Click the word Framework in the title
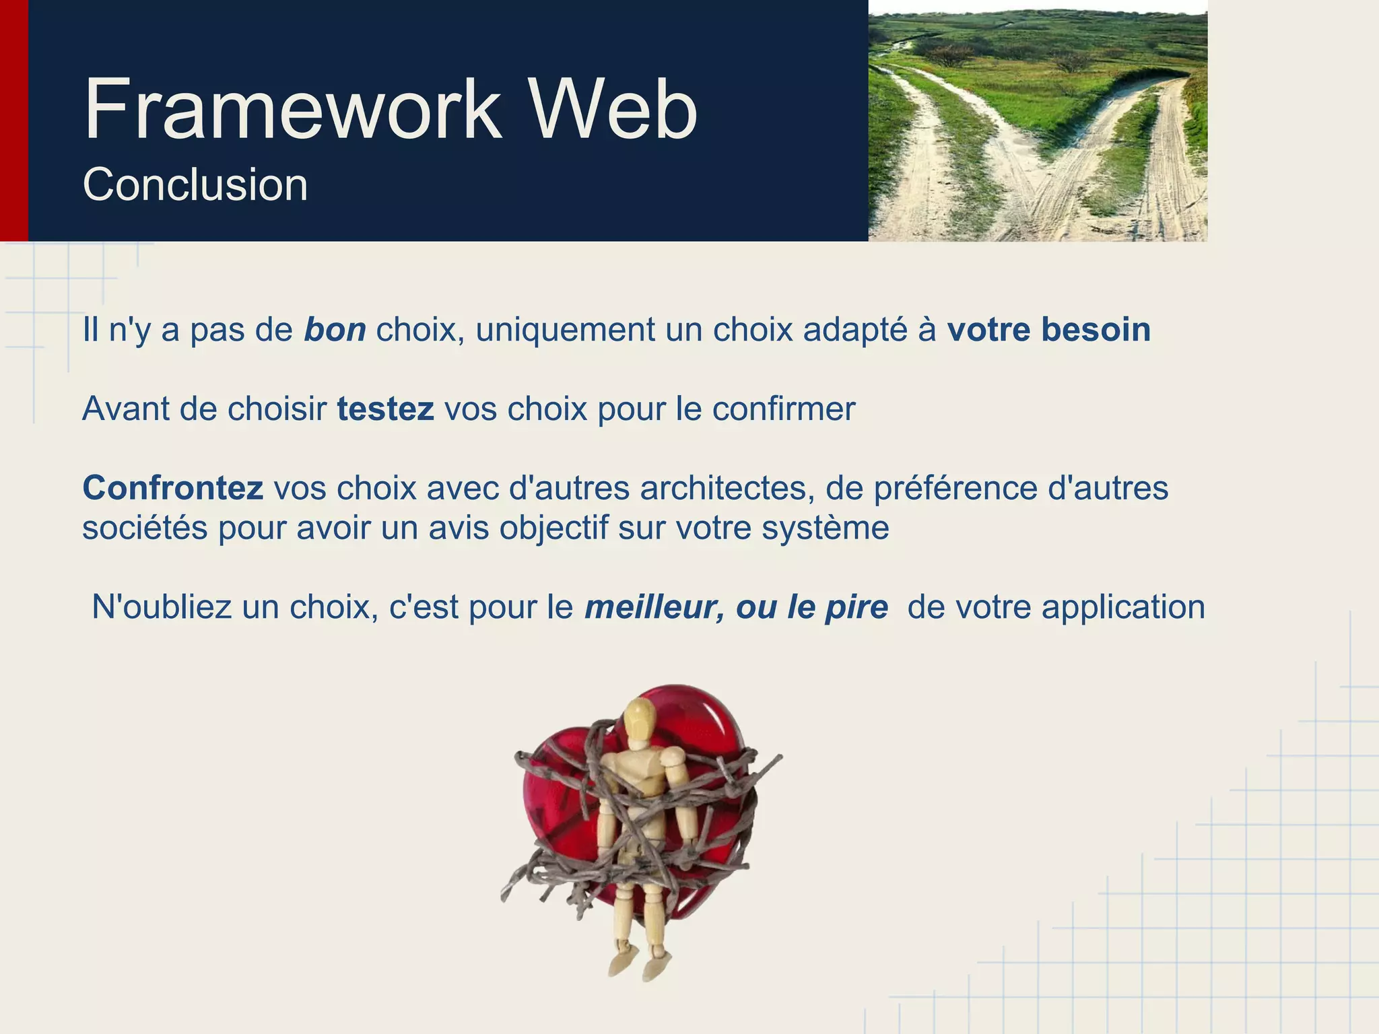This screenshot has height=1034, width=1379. click(x=294, y=110)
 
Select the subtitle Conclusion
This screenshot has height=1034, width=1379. click(x=195, y=184)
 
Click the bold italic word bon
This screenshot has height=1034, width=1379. click(x=335, y=330)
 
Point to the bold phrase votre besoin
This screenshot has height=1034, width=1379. click(x=1048, y=330)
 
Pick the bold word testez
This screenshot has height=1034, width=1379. click(x=385, y=409)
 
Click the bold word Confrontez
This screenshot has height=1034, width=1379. click(x=172, y=488)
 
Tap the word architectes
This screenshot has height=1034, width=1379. click(x=723, y=488)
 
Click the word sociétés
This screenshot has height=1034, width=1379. click(x=145, y=528)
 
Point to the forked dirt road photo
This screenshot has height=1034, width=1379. click(x=1037, y=121)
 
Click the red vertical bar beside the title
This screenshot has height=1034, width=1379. click(x=13, y=120)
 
